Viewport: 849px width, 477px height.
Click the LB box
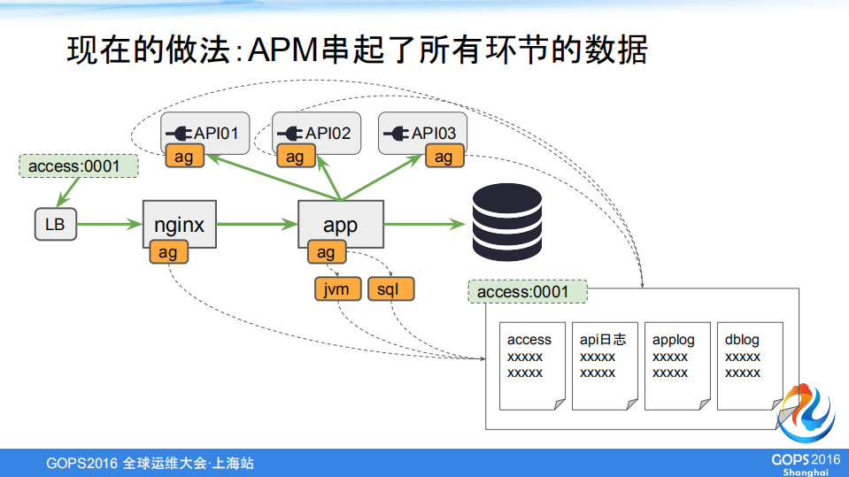click(55, 225)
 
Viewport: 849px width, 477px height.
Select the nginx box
click(179, 224)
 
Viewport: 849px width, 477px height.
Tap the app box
click(340, 224)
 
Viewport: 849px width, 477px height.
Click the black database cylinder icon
click(506, 222)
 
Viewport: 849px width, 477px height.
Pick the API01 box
click(205, 133)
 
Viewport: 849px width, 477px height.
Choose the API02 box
click(316, 133)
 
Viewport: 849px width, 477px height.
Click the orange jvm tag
click(337, 289)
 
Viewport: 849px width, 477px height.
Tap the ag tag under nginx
click(167, 253)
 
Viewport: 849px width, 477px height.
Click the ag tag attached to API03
click(443, 157)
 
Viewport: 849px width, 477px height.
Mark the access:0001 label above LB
click(79, 166)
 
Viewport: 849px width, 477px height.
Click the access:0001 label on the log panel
click(528, 292)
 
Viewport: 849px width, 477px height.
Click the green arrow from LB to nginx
click(109, 225)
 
